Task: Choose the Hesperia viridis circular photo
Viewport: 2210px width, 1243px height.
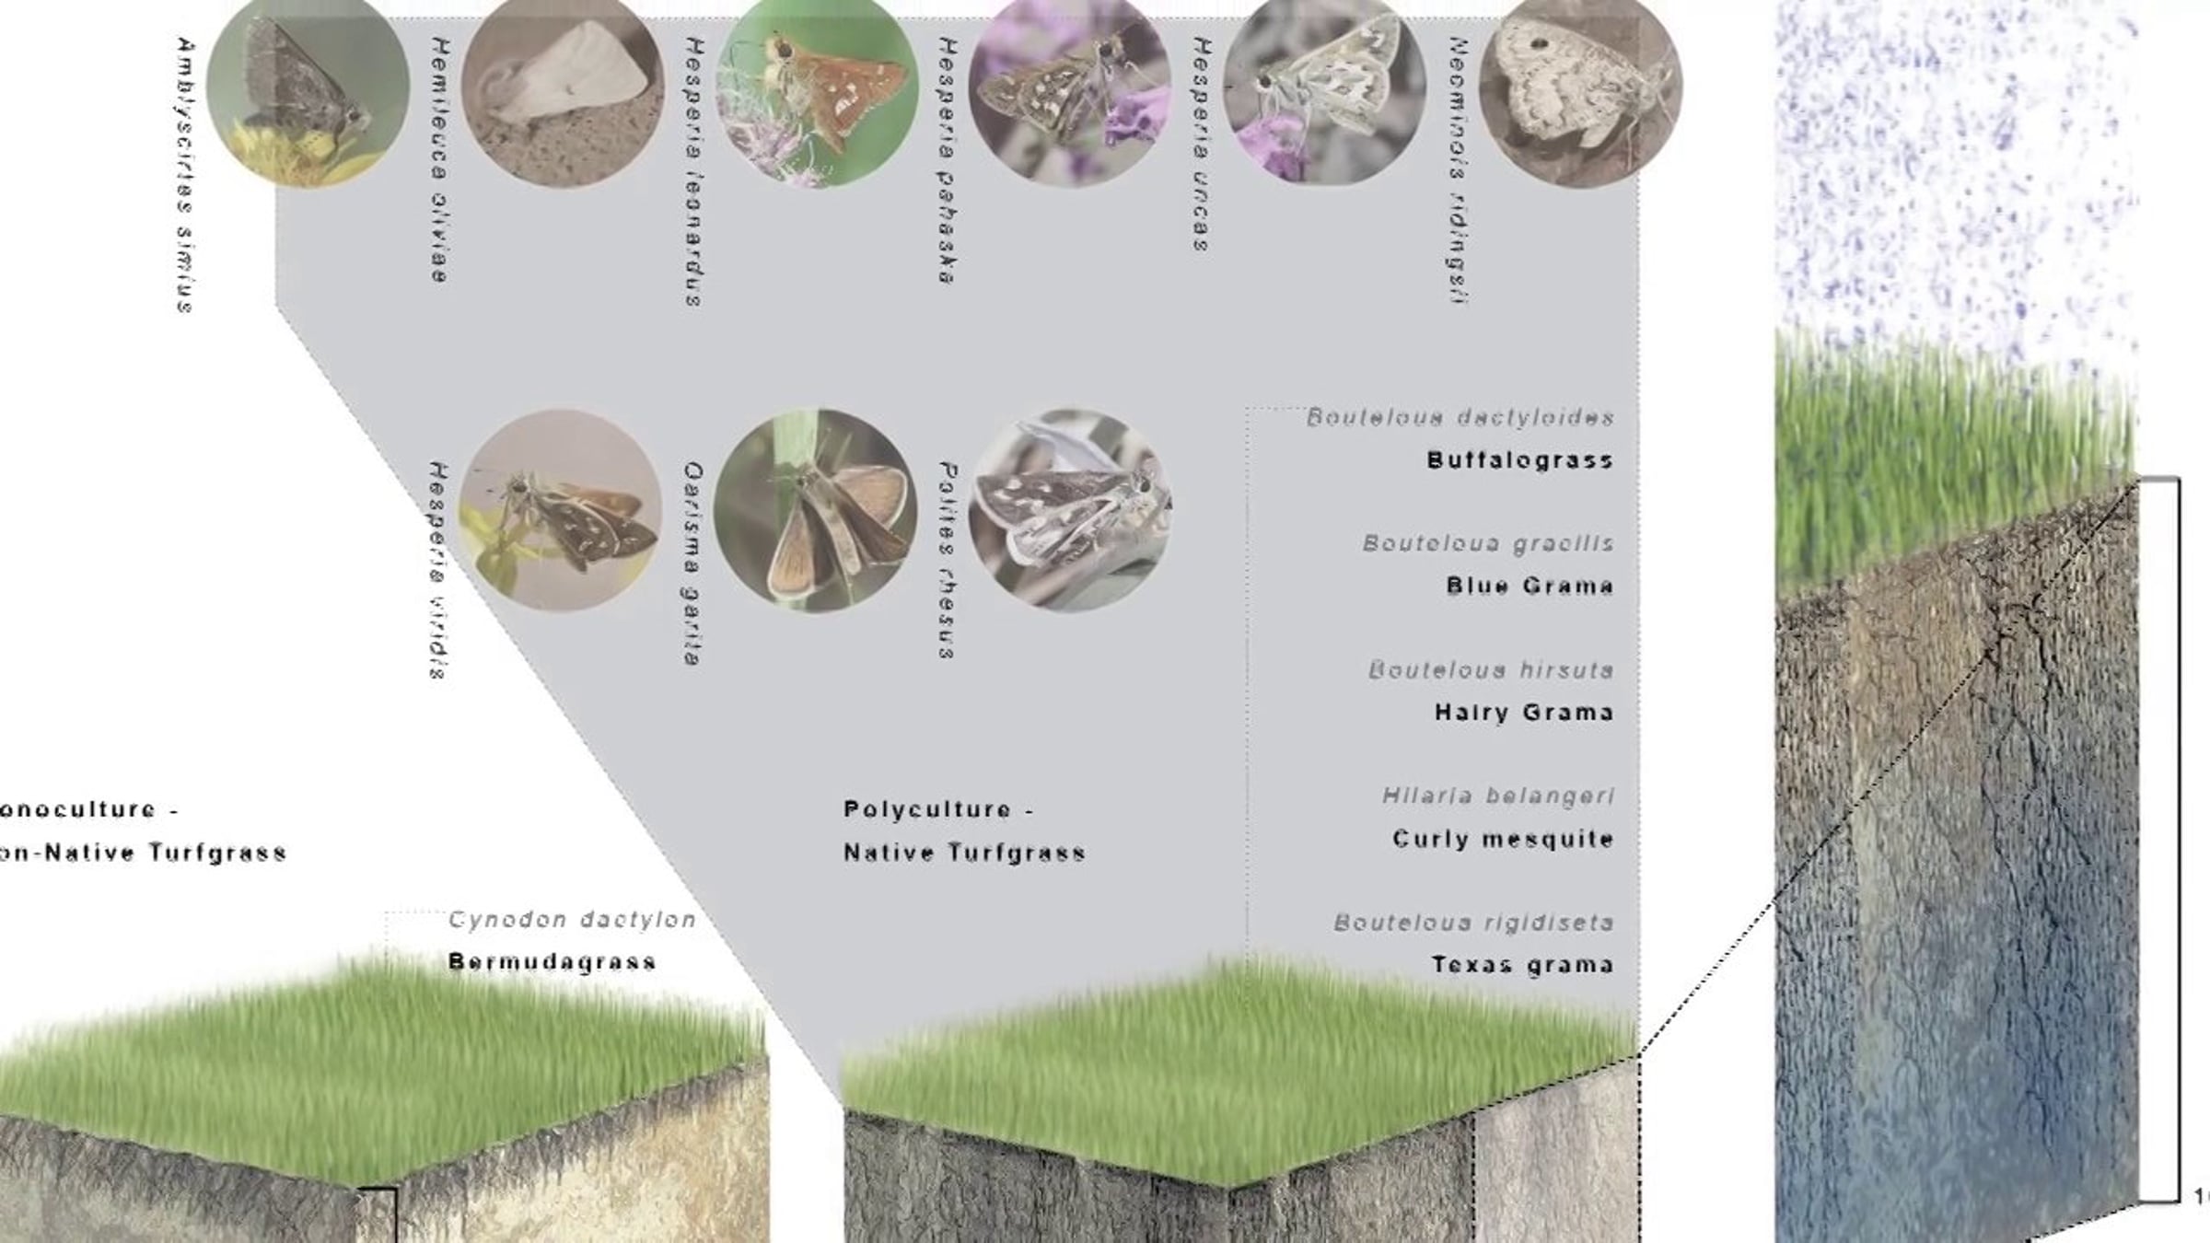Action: [560, 510]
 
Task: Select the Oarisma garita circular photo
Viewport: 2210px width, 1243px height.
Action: [815, 510]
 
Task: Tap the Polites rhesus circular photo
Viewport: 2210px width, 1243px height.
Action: [1070, 510]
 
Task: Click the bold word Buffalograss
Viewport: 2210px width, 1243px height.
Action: [1519, 460]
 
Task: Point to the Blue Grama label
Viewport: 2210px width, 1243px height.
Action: [1530, 587]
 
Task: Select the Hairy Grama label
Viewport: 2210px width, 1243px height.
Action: [1524, 713]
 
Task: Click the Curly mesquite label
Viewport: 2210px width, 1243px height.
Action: [1503, 839]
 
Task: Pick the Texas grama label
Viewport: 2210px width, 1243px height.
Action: [1522, 965]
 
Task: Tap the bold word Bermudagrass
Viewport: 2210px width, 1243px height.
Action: [552, 962]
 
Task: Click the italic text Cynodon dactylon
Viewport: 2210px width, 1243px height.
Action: [572, 920]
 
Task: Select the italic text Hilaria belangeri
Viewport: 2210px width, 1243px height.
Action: [1498, 796]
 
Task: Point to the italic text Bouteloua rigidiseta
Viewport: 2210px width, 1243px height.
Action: [1473, 923]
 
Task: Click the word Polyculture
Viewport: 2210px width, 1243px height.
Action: [927, 810]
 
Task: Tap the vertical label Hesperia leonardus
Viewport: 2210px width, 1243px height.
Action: [694, 171]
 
